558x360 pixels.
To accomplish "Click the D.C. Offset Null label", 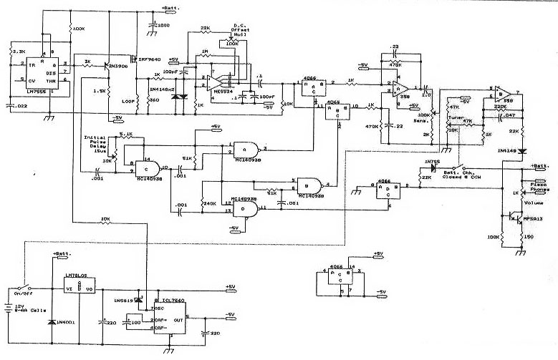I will coord(241,29).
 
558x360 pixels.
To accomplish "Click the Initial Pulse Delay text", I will coord(97,142).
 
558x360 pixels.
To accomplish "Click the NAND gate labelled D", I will coord(246,208).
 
